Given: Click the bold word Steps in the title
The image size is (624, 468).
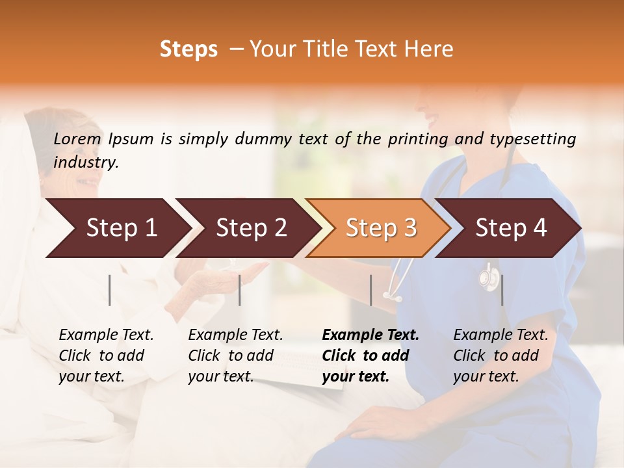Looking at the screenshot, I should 188,49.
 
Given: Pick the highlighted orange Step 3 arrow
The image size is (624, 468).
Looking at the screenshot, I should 380,227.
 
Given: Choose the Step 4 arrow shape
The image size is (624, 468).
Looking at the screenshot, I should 510,227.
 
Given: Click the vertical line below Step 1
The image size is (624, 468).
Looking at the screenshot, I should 110,290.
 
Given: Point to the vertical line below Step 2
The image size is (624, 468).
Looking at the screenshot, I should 240,290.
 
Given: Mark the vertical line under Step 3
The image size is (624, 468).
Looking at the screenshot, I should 370,290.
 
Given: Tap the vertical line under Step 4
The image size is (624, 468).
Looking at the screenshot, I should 502,290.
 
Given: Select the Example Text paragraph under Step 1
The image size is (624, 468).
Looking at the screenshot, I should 105,356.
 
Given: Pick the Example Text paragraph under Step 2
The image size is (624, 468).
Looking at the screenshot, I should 235,356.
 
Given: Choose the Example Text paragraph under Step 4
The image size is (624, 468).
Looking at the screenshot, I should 500,356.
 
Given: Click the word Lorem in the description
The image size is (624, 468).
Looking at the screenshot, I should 77,139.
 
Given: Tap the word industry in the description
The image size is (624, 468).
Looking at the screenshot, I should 85,162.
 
